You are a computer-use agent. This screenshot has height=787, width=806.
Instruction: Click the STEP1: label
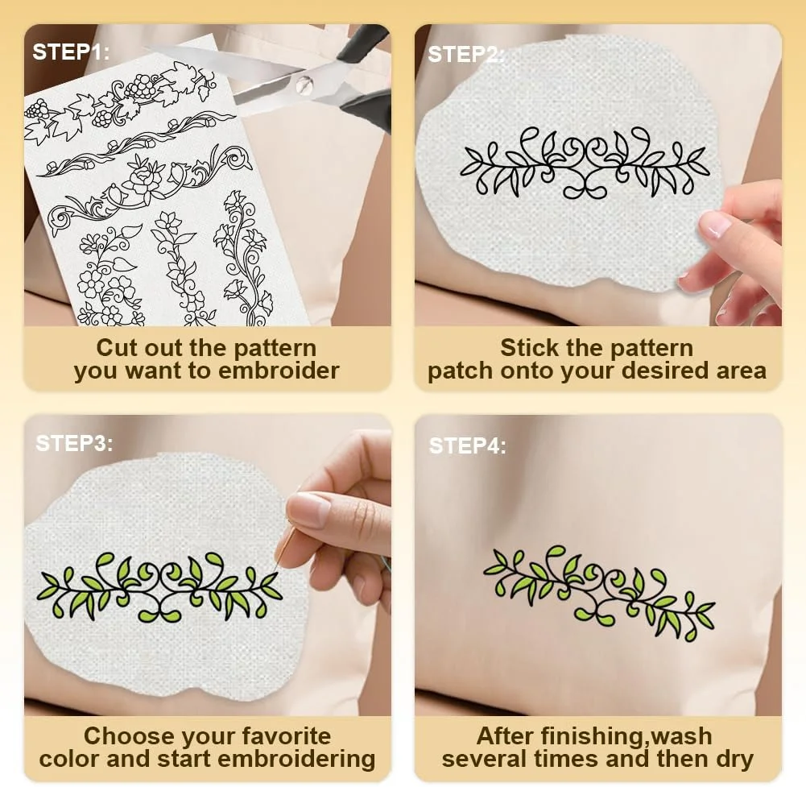(71, 52)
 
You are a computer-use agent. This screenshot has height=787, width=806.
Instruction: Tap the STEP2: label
(466, 55)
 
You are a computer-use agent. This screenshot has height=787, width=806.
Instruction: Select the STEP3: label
(74, 443)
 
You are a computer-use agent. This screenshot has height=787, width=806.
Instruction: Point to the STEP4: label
(467, 446)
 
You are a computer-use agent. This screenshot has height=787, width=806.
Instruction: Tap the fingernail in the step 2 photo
(715, 224)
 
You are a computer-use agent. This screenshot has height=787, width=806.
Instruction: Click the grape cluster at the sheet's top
(140, 86)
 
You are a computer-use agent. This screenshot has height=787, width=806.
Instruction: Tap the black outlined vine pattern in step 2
(585, 163)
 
